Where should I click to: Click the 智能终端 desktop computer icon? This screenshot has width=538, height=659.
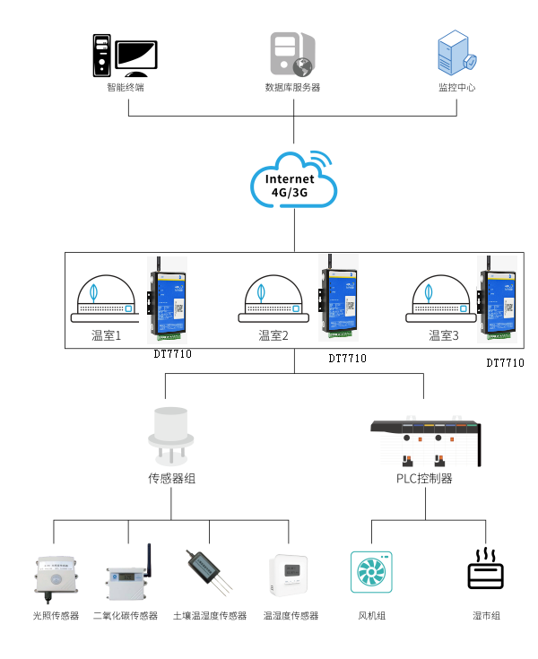click(x=125, y=56)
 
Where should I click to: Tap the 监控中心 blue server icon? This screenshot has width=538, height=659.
click(x=456, y=55)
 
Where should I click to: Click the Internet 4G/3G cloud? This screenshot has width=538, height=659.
click(x=293, y=182)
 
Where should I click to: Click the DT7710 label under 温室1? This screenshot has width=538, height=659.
click(x=172, y=354)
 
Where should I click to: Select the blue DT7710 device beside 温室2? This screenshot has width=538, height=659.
click(x=338, y=303)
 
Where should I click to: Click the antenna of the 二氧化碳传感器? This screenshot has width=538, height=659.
click(x=149, y=554)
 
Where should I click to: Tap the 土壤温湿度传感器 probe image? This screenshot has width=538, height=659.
click(x=207, y=571)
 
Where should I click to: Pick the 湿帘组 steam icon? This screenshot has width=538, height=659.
click(x=486, y=568)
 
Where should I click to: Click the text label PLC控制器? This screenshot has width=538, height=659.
click(x=424, y=479)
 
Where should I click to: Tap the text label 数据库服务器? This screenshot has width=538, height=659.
click(x=292, y=88)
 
